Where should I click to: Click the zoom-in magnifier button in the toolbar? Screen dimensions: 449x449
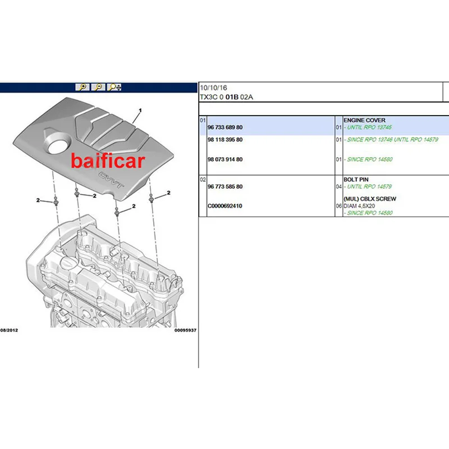click(83, 87)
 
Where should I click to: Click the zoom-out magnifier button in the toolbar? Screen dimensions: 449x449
click(98, 87)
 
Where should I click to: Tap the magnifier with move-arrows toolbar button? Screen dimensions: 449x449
click(114, 87)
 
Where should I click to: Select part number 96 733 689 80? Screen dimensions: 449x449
click(225, 127)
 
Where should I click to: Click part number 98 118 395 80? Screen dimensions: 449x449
click(225, 140)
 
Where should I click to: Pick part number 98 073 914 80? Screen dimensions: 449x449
click(225, 159)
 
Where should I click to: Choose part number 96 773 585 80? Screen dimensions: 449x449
click(225, 187)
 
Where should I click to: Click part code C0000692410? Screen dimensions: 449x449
click(225, 206)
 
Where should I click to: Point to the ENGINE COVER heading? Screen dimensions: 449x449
click(364, 120)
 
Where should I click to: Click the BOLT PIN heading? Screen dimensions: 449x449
click(356, 180)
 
